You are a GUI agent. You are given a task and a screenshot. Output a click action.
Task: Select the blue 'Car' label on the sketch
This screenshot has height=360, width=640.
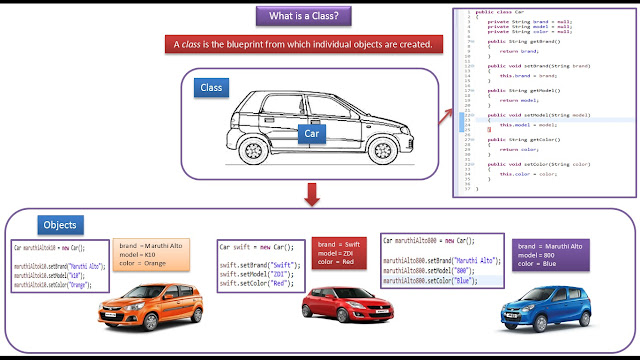314,132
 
